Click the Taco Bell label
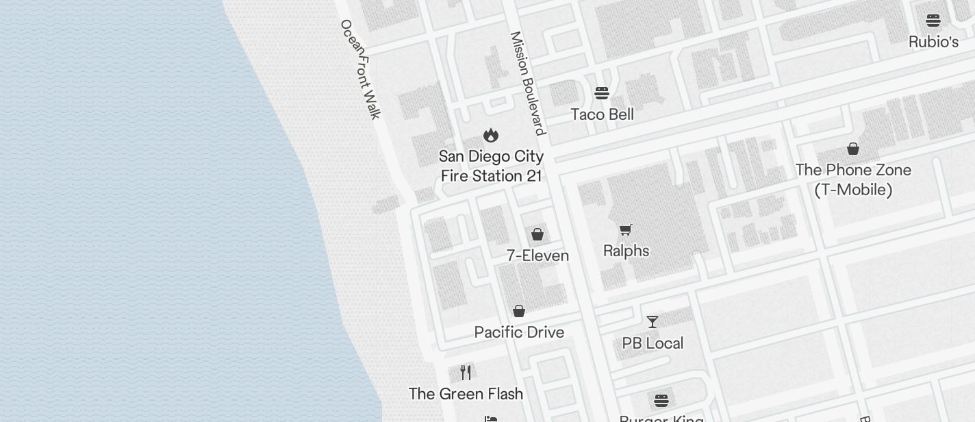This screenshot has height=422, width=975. [x=602, y=114]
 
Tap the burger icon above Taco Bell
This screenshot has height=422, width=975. [x=602, y=92]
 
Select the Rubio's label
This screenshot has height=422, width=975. [x=933, y=42]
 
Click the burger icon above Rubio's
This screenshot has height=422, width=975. [x=933, y=21]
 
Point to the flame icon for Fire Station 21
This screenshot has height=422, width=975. [x=491, y=135]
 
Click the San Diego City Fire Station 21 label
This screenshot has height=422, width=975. [x=491, y=166]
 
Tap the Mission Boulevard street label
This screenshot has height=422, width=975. [x=527, y=83]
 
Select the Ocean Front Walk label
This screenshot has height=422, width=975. [x=360, y=69]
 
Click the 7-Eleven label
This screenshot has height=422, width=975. [x=537, y=256]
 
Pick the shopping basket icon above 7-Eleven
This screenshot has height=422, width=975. [x=537, y=235]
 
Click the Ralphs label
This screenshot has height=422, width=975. [x=626, y=251]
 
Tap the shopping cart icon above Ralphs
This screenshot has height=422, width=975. [x=626, y=229]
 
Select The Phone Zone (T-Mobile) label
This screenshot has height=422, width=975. [x=853, y=179]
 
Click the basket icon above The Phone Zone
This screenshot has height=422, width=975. [x=853, y=149]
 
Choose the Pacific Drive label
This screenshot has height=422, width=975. [x=519, y=332]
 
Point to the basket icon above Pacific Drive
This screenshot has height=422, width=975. [x=519, y=311]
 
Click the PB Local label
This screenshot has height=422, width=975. [x=653, y=343]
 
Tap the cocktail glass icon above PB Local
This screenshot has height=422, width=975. [x=653, y=321]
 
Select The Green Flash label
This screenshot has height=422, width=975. [x=466, y=394]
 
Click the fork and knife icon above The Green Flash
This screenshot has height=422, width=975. [x=466, y=372]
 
